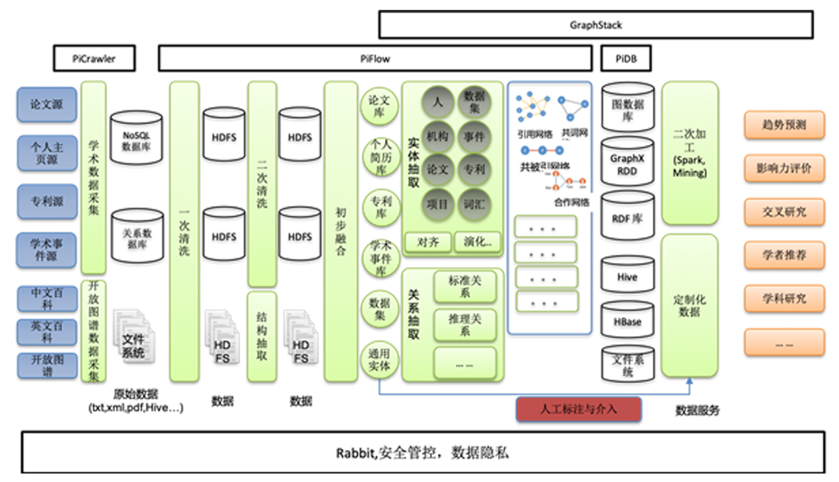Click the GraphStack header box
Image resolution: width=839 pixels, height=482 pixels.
click(595, 25)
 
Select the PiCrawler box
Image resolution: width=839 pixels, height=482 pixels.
click(94, 58)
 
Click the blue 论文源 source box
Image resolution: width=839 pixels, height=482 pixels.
click(46, 104)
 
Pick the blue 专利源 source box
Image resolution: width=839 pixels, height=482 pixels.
click(46, 201)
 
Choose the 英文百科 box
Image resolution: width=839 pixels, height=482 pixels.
click(46, 332)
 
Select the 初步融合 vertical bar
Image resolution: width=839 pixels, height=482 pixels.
click(340, 231)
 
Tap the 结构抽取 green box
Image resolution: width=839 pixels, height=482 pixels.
click(262, 337)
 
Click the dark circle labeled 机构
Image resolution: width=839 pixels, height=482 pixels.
click(437, 137)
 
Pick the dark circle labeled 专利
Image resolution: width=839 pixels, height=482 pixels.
click(474, 169)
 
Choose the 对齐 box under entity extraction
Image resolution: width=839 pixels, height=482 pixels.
click(427, 242)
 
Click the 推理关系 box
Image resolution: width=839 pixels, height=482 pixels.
click(464, 325)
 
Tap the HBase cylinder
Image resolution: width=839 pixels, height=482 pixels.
click(627, 322)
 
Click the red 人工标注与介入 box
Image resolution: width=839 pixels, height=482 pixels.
click(578, 409)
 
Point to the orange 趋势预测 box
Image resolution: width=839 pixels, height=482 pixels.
click(784, 125)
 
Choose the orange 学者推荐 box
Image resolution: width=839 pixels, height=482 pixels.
click(784, 255)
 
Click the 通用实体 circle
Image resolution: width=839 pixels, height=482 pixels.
click(379, 360)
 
